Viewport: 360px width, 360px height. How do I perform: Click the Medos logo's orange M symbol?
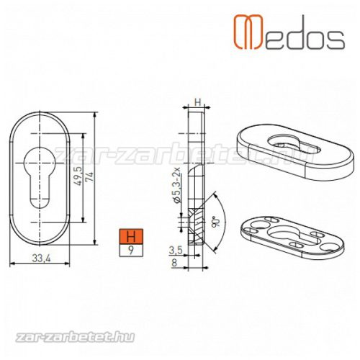click(248, 32)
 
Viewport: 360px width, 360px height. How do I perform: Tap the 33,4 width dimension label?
click(41, 258)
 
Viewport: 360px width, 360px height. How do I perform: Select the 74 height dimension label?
click(91, 177)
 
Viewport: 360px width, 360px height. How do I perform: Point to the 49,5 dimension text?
click(78, 176)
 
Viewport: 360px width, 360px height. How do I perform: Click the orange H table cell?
click(131, 236)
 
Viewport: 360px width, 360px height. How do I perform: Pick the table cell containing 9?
click(131, 251)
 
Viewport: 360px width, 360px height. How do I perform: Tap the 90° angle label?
click(215, 222)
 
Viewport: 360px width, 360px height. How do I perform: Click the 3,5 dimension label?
click(176, 251)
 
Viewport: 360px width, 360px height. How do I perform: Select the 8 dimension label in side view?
click(174, 263)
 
